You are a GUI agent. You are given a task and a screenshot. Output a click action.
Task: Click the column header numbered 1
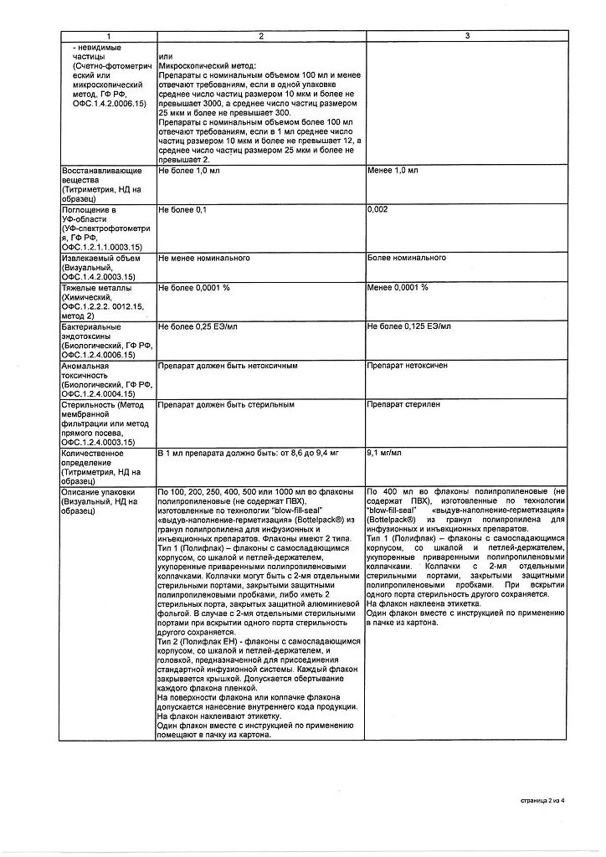pos(107,35)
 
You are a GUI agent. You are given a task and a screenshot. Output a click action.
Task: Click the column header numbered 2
pos(260,35)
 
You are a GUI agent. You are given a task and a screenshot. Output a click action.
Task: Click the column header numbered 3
pos(467,35)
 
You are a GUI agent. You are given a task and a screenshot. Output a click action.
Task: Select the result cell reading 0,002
pos(377,209)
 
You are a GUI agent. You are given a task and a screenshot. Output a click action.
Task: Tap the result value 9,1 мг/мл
pos(385,453)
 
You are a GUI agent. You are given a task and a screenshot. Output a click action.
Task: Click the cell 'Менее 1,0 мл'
pos(393,171)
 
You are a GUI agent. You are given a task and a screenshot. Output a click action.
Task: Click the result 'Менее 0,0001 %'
pos(398,288)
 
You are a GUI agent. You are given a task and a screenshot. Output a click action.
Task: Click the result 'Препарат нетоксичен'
pos(407,366)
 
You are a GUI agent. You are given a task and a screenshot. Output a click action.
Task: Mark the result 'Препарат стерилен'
pos(403,405)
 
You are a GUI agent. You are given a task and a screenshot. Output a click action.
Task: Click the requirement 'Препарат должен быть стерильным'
pos(226,405)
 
